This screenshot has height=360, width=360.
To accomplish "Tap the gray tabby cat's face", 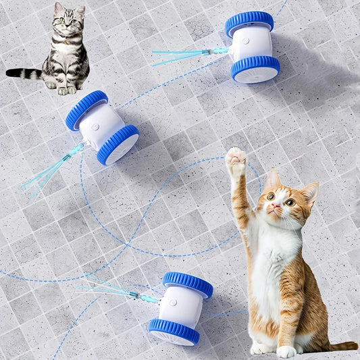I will [x=67, y=22].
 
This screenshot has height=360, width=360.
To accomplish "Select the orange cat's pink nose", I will [x=275, y=208].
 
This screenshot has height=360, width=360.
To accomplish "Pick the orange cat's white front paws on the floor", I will [x=274, y=350].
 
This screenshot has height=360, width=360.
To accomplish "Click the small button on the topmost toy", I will [x=247, y=41].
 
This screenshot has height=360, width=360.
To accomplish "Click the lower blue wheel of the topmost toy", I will [x=255, y=68].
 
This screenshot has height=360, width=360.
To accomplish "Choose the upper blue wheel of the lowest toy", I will [x=187, y=284].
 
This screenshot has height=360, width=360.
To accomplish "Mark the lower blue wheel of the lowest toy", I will [x=174, y=331].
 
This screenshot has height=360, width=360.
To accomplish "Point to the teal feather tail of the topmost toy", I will [x=179, y=55].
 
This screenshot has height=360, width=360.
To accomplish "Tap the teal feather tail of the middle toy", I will [x=51, y=170].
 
